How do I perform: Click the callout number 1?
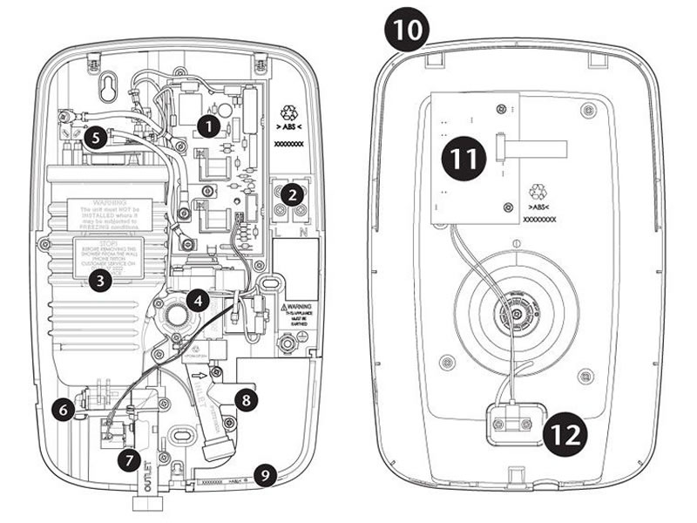point(207,125)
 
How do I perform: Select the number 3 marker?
point(101,282)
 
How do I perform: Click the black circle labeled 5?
point(98,137)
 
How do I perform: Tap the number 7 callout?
point(129,458)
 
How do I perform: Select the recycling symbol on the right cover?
point(538,190)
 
